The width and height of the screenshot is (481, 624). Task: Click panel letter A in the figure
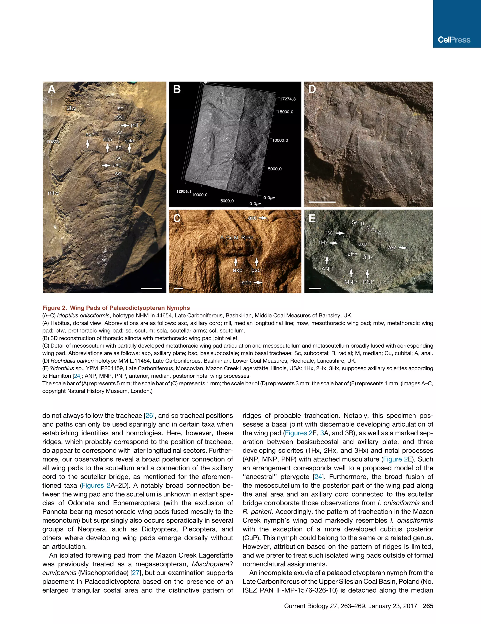(x=51, y=89)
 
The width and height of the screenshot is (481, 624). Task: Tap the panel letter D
(x=312, y=89)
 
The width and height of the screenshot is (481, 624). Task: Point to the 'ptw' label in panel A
(x=71, y=108)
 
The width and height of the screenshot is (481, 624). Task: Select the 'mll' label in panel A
(x=134, y=125)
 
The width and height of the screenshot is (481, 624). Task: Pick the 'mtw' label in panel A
(x=53, y=193)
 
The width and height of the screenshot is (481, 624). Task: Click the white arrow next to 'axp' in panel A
(x=106, y=165)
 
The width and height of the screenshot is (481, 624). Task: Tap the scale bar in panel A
(x=151, y=288)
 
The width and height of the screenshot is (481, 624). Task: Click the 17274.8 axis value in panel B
(x=288, y=99)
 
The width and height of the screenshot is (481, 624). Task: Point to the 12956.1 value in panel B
(x=184, y=191)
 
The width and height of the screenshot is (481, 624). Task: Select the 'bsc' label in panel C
(x=256, y=270)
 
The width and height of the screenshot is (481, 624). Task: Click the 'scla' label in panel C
(x=247, y=283)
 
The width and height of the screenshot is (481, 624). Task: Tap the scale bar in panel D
(x=322, y=202)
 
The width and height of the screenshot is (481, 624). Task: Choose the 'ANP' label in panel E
(x=327, y=269)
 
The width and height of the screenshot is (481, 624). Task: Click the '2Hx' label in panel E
(x=352, y=254)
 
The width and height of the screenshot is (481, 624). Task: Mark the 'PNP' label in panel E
(x=368, y=282)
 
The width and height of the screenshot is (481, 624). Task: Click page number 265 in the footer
(x=428, y=606)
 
